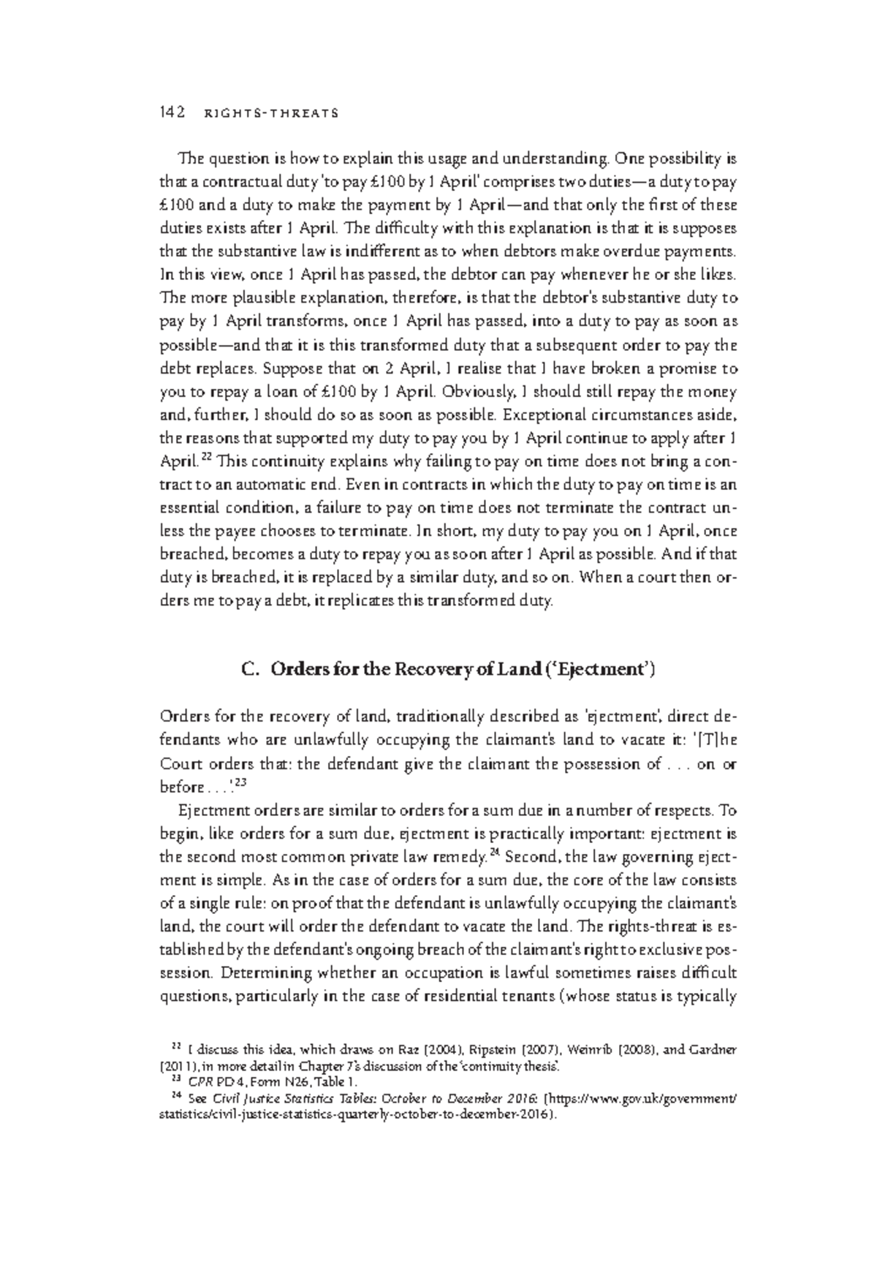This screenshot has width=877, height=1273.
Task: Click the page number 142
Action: coord(170,113)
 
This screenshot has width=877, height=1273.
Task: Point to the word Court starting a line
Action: coord(179,764)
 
